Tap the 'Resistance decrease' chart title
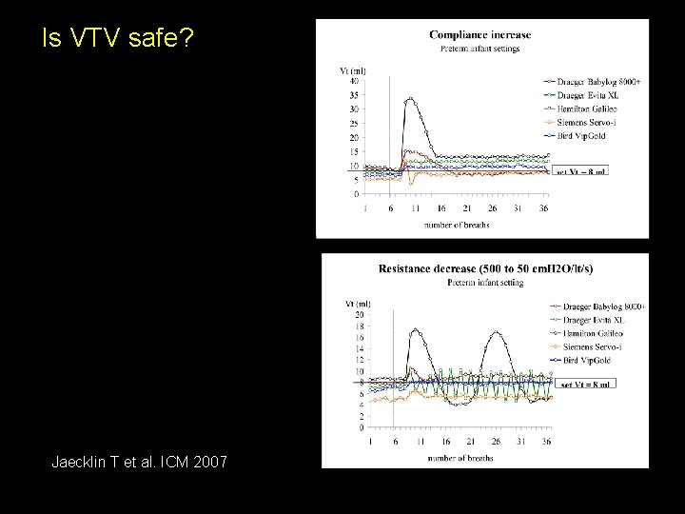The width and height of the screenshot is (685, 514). click(x=485, y=269)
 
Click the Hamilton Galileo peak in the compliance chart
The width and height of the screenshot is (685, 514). click(x=410, y=98)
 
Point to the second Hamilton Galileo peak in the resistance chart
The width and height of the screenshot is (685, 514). click(x=496, y=333)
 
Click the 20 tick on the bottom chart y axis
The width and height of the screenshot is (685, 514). click(x=359, y=314)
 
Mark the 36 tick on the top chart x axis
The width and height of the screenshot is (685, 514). click(x=543, y=208)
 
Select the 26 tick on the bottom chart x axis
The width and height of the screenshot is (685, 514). click(x=496, y=442)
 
